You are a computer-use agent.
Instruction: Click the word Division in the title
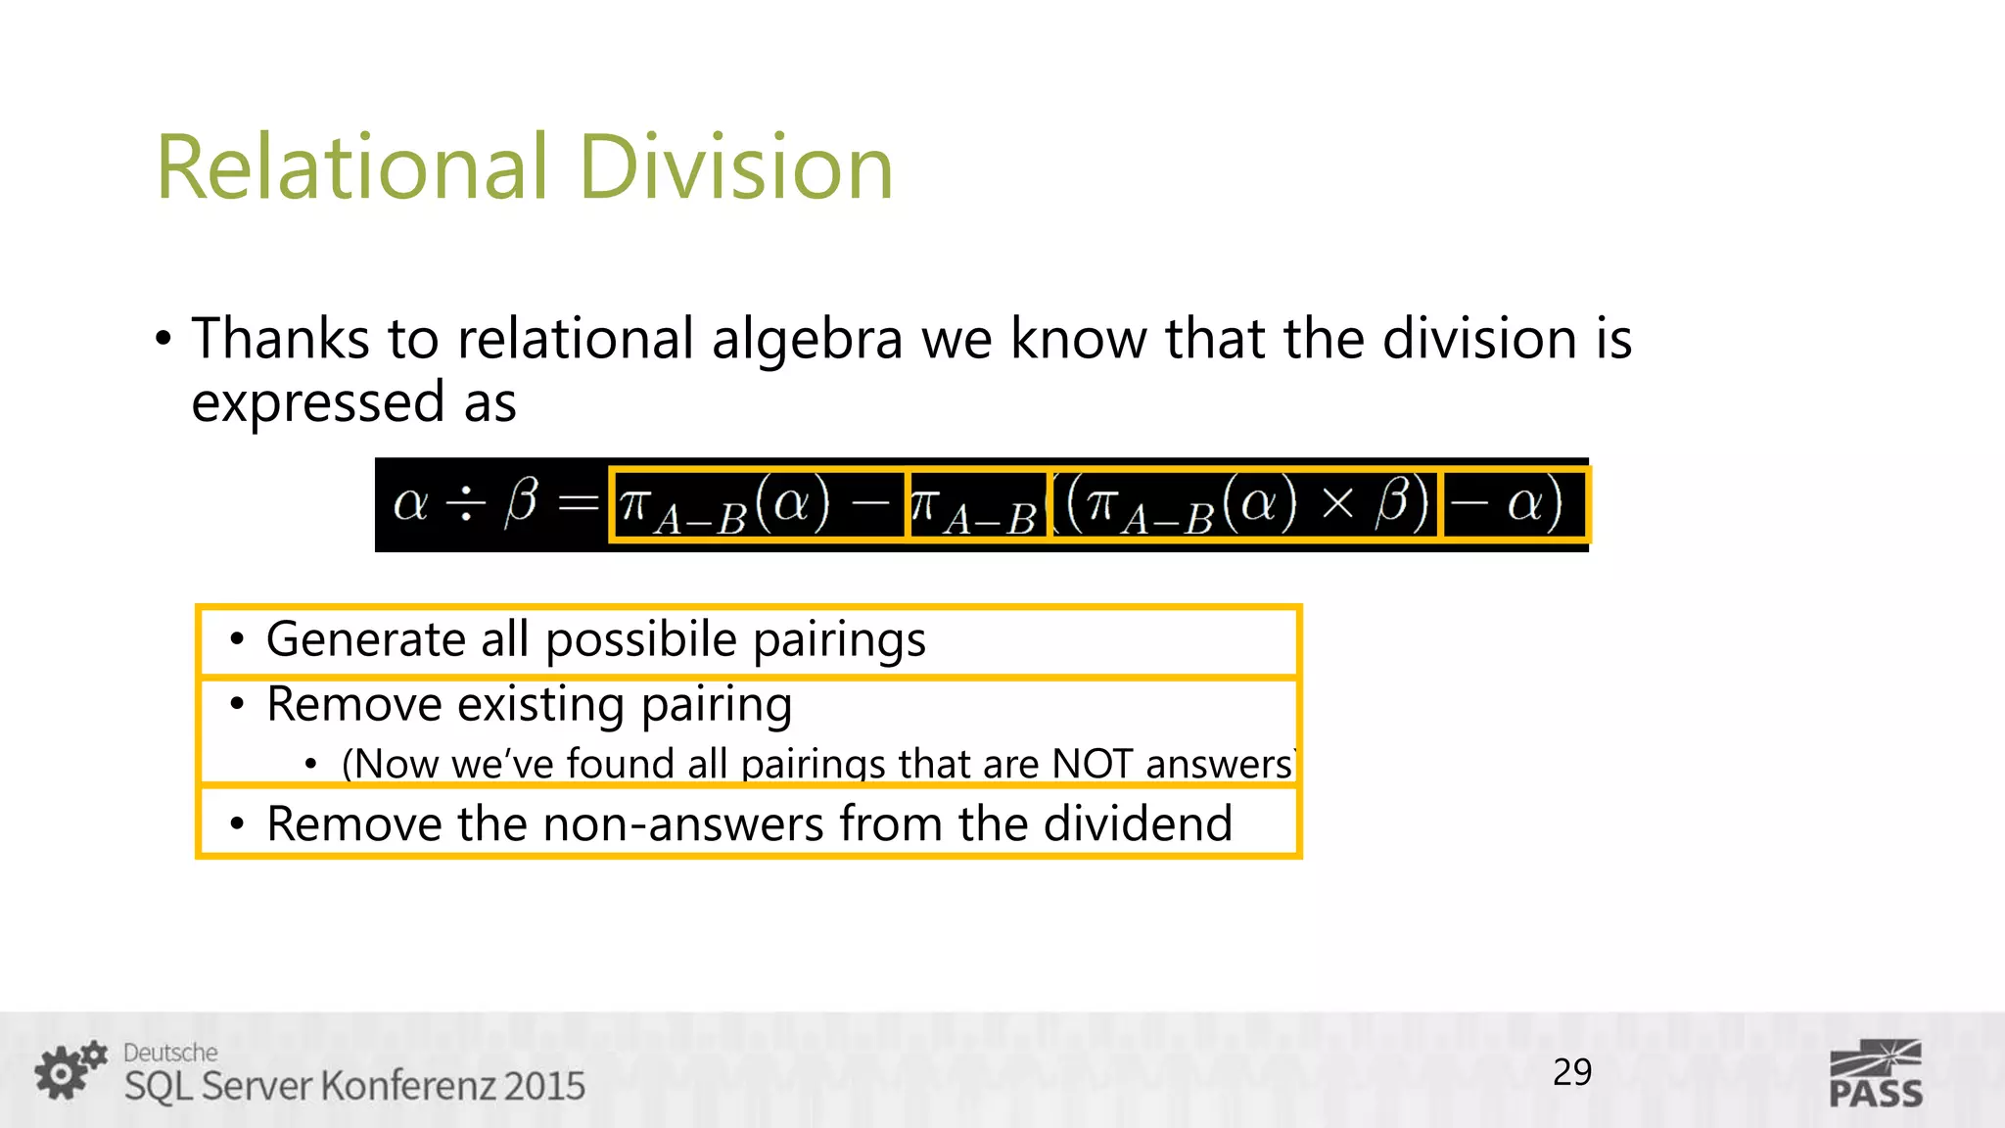click(x=735, y=167)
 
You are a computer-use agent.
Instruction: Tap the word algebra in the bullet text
click(x=806, y=341)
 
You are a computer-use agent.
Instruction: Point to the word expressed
click(x=318, y=402)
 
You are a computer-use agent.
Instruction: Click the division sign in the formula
click(x=466, y=503)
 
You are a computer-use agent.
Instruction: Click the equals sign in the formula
click(x=578, y=503)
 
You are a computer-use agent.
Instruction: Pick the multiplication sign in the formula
click(x=1336, y=504)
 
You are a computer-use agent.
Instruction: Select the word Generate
click(x=364, y=639)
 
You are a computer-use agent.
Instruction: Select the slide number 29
click(x=1572, y=1072)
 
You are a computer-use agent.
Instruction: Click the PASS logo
click(x=1875, y=1074)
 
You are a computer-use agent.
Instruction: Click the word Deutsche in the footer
click(x=170, y=1053)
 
